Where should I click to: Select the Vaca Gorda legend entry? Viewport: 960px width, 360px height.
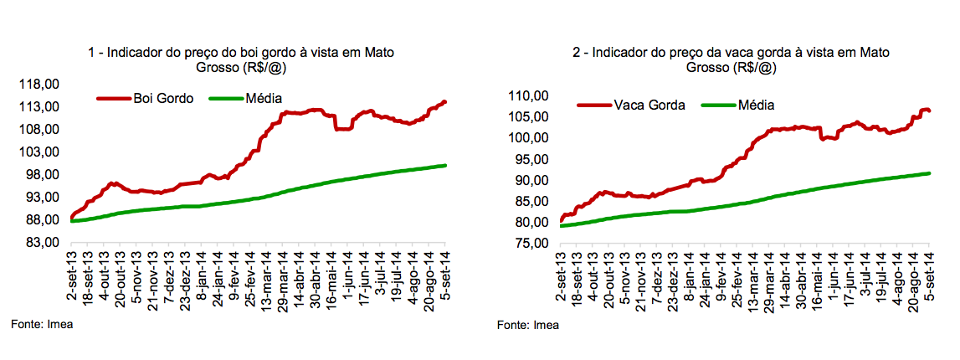[x=649, y=105]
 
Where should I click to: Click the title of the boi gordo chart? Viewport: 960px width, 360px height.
[x=241, y=59]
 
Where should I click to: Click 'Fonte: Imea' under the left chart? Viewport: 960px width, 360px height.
[x=42, y=324]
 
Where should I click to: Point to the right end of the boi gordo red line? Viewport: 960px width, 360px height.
[x=445, y=102]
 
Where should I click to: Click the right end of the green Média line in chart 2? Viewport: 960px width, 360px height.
[x=931, y=173]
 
